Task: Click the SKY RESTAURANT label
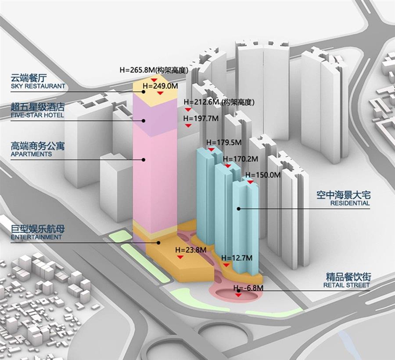click(38, 86)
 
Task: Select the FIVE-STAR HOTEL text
click(37, 115)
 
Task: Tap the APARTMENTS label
click(31, 154)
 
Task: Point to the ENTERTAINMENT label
click(36, 237)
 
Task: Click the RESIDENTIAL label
click(350, 203)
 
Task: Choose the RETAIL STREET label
click(346, 285)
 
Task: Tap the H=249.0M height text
click(160, 86)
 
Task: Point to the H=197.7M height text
click(201, 118)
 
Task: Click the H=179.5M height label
click(224, 143)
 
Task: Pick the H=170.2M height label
click(241, 159)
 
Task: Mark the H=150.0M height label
click(263, 175)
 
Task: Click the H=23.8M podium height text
click(191, 250)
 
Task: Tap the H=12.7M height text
click(237, 258)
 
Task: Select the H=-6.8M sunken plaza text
click(248, 288)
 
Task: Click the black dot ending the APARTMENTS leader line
click(144, 160)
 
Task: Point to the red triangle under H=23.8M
click(180, 257)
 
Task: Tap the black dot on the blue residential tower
click(238, 208)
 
